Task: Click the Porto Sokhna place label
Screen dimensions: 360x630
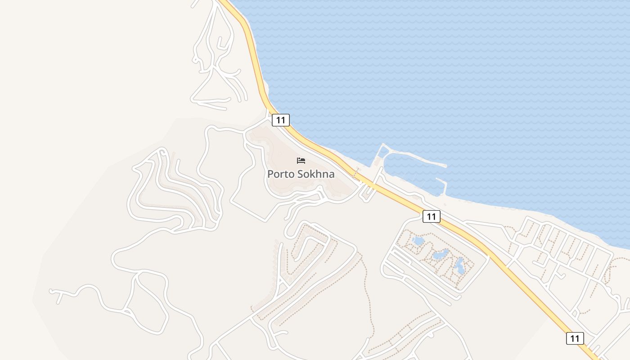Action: [301, 174]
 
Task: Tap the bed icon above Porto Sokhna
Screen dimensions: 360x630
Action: [301, 161]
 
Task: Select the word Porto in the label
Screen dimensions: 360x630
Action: [280, 174]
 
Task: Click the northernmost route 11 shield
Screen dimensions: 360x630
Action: [280, 120]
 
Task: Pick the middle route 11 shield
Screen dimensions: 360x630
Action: [431, 216]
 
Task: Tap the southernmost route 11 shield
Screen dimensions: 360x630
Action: [575, 338]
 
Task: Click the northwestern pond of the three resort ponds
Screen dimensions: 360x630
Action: [418, 241]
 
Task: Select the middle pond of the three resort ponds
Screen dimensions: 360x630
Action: [440, 255]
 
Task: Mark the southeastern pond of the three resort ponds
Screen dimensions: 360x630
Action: [459, 266]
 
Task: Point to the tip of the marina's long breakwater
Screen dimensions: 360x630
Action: [445, 166]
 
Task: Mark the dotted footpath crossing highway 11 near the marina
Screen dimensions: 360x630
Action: [357, 173]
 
